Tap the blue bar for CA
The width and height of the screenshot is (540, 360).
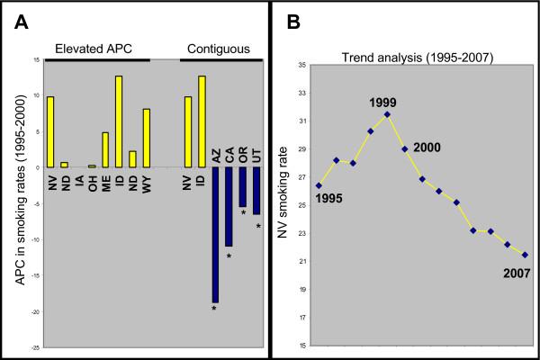tap(229, 206)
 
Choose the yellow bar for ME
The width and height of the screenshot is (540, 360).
tap(104, 149)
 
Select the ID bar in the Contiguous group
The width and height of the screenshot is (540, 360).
tap(202, 121)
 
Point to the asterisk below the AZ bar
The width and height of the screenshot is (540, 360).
tap(214, 310)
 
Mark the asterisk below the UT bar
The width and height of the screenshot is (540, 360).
tap(257, 227)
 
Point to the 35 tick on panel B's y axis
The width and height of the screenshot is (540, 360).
tap(301, 66)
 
